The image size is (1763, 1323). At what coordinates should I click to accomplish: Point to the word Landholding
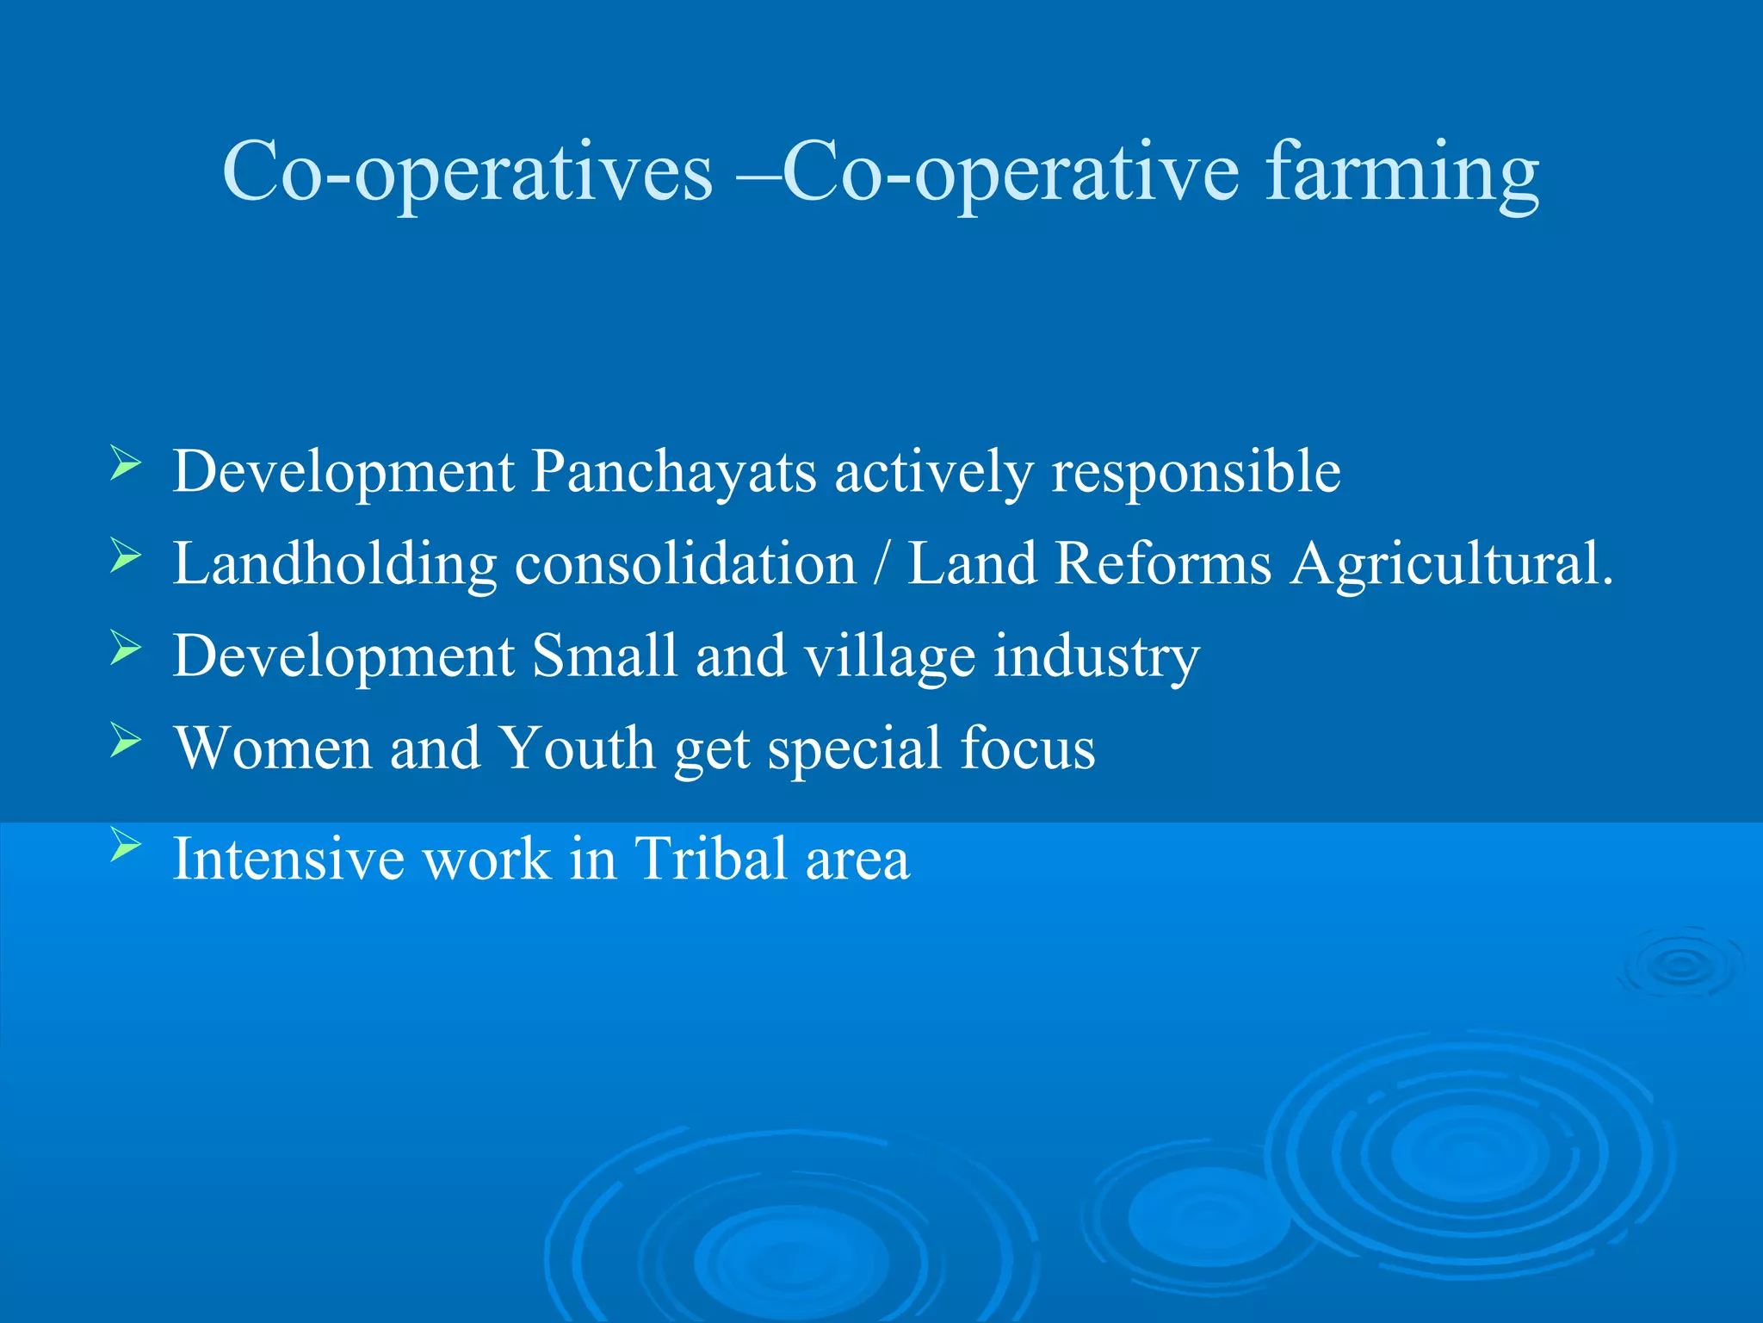tap(335, 564)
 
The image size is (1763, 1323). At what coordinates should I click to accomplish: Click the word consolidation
tap(685, 564)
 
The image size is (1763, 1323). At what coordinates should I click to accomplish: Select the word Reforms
tap(1163, 564)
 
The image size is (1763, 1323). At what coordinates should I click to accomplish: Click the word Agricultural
tap(1451, 564)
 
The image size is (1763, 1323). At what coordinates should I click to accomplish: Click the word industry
tap(1097, 656)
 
